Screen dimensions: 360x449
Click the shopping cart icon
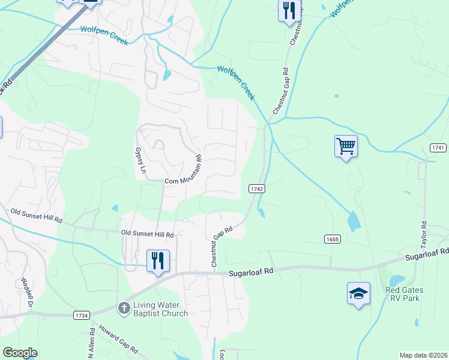coord(346,146)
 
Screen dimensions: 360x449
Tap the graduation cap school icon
coord(358,294)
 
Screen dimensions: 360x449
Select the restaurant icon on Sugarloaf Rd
coord(158,261)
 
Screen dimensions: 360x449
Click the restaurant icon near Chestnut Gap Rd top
coord(289,10)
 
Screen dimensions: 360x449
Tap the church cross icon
coord(124,308)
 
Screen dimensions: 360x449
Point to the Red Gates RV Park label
coord(404,294)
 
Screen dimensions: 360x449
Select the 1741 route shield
coord(438,148)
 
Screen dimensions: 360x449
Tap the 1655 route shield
coord(332,239)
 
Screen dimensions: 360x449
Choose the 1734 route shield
coord(82,315)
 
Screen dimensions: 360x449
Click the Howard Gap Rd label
coord(118,340)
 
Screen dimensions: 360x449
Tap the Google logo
coord(20,353)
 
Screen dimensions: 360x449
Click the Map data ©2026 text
coord(423,355)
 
